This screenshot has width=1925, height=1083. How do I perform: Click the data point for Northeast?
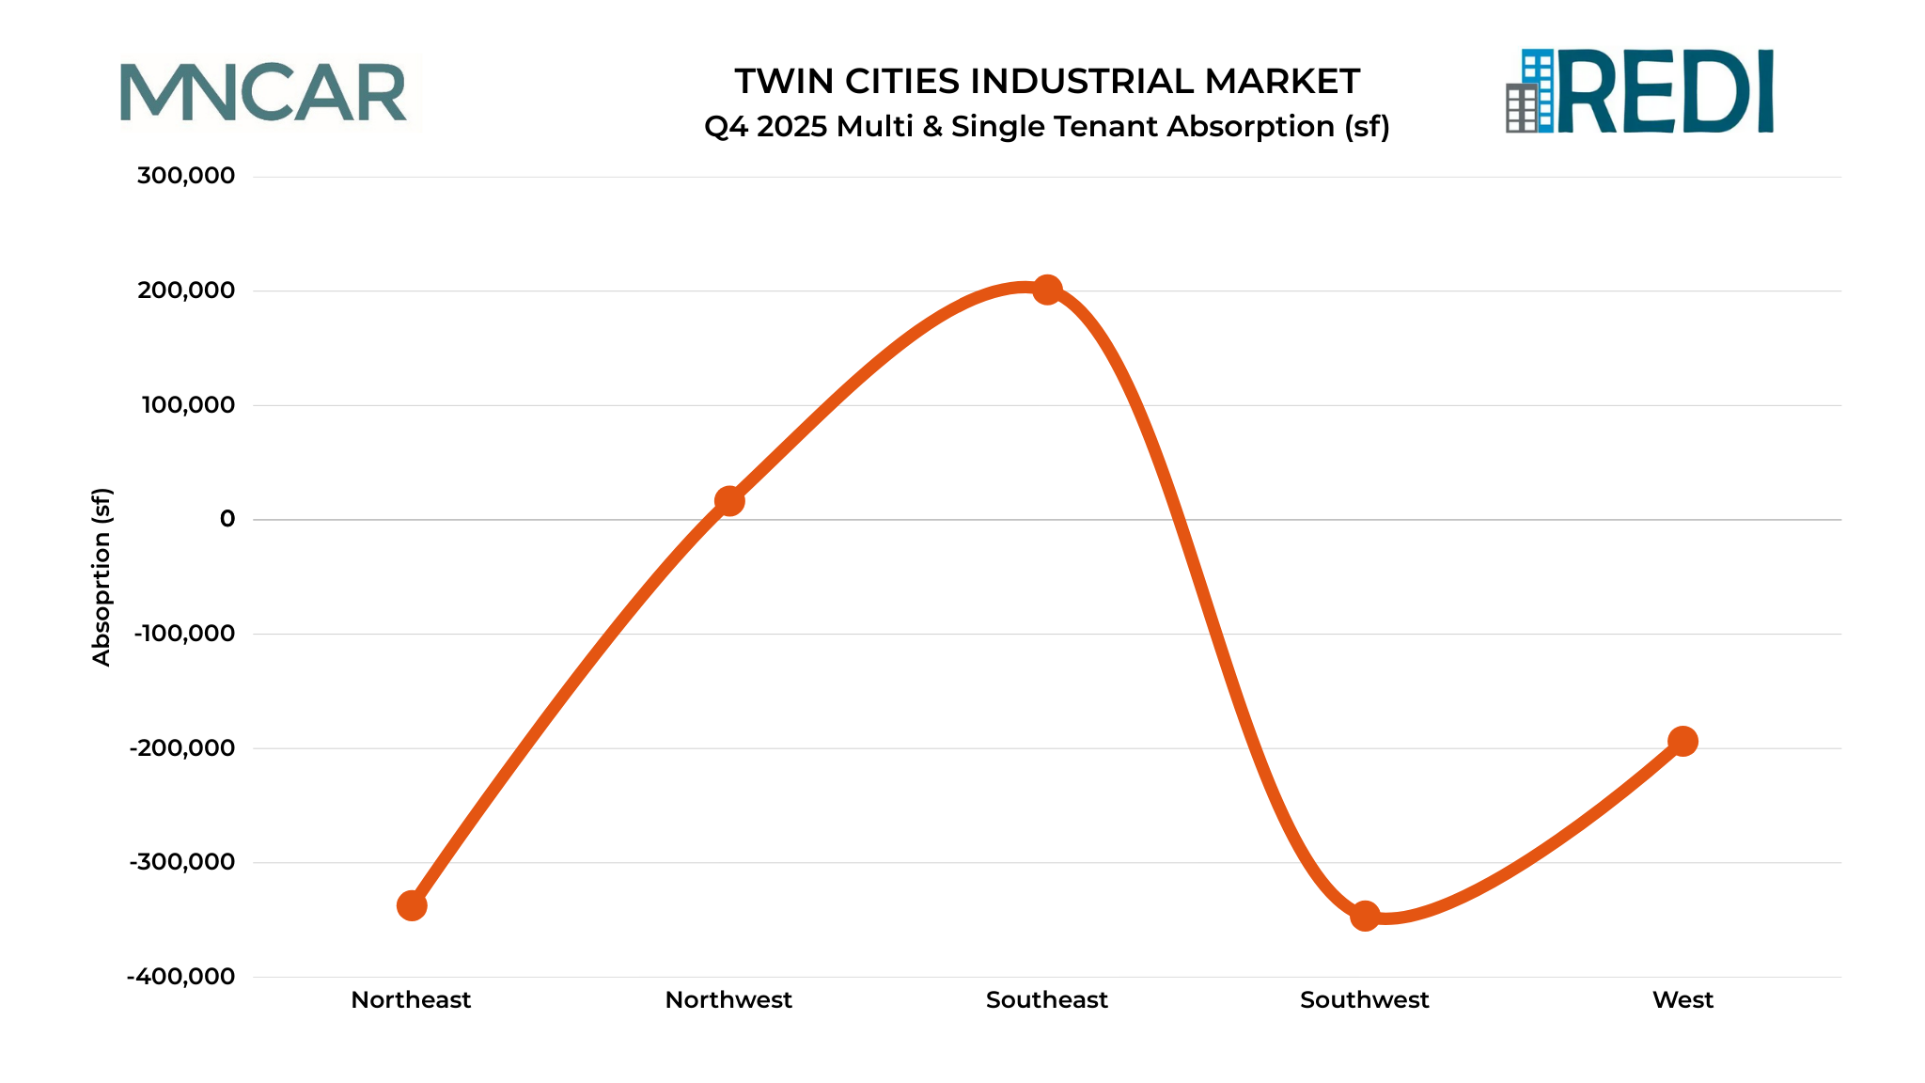coord(412,905)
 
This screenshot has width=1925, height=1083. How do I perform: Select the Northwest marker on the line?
coord(729,501)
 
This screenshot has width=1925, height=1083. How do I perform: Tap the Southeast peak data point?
coord(1047,290)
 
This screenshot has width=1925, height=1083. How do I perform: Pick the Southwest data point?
coord(1365,916)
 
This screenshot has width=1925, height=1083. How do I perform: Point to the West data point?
coord(1682,742)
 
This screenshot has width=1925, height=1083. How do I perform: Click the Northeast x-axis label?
coord(411,1000)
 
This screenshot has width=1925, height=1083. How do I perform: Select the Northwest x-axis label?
coord(728,1000)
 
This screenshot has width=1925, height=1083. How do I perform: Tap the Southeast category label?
coord(1047,1000)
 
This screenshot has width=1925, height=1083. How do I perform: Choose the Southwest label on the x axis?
coord(1364,1000)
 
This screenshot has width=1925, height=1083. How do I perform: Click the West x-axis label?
coord(1682,1000)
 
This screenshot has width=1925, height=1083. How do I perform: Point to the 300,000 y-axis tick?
coord(186,176)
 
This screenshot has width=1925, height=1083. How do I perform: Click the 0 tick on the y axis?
coord(227,519)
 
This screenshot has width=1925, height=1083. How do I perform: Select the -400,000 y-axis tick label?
coord(180,977)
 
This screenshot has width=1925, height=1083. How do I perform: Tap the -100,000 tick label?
coord(184,634)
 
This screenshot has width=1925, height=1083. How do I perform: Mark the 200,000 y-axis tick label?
coord(186,290)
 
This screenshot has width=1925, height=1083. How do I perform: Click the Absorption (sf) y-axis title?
coord(102,576)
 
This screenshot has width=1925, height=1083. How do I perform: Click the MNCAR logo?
coord(264,92)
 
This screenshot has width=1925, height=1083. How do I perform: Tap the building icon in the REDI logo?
coord(1528,91)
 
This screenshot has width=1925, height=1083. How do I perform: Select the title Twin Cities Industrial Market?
coord(1047,82)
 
